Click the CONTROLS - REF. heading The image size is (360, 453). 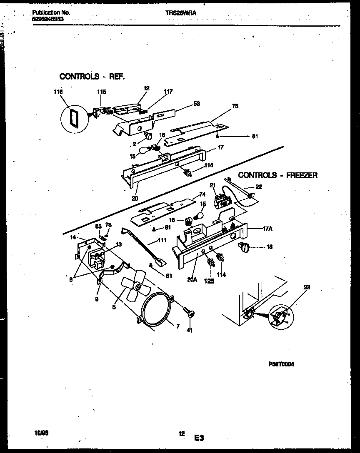click(92, 76)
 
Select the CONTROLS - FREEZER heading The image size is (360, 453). click(277, 175)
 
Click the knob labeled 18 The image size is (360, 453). click(243, 248)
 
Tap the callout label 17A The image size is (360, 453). click(268, 228)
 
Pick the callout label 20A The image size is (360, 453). click(192, 279)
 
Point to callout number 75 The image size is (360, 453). click(235, 107)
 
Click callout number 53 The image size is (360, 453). click(197, 103)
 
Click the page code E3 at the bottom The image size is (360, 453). click(198, 438)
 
